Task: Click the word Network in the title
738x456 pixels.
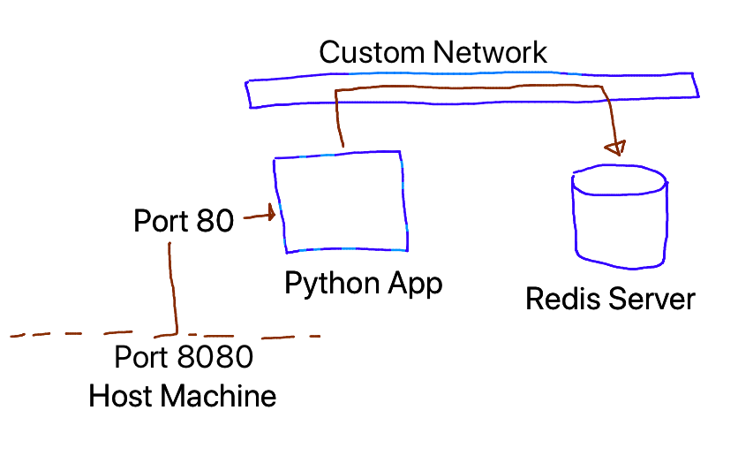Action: point(491,52)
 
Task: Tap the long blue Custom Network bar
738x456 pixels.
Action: point(221,91)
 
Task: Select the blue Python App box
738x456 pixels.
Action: point(342,203)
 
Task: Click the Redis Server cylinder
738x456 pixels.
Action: point(619,221)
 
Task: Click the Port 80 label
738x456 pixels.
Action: point(184,220)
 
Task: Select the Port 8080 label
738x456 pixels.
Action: point(184,358)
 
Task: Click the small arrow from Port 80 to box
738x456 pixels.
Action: point(260,214)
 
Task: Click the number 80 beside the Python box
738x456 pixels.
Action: point(215,220)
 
